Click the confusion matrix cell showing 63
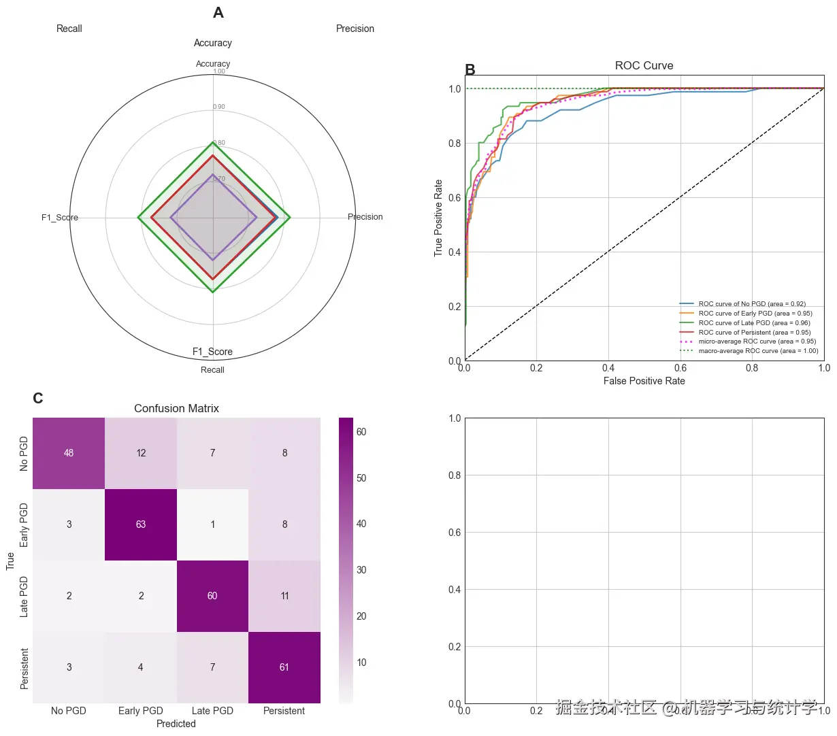tap(141, 524)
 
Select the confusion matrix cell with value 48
tap(69, 453)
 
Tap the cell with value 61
tap(284, 667)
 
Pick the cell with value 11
tap(284, 596)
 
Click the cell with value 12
tap(141, 453)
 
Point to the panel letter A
tap(218, 13)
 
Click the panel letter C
tap(38, 399)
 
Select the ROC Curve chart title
tap(644, 66)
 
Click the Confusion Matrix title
tap(176, 409)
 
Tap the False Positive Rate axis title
tap(644, 381)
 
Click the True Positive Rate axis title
tap(439, 218)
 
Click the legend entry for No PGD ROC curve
tap(752, 304)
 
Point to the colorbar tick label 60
tap(361, 432)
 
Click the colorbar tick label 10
tap(361, 663)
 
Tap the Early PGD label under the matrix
tap(141, 711)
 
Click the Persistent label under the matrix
tap(284, 711)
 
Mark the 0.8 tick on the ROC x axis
tap(752, 368)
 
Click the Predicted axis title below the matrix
tap(176, 724)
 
